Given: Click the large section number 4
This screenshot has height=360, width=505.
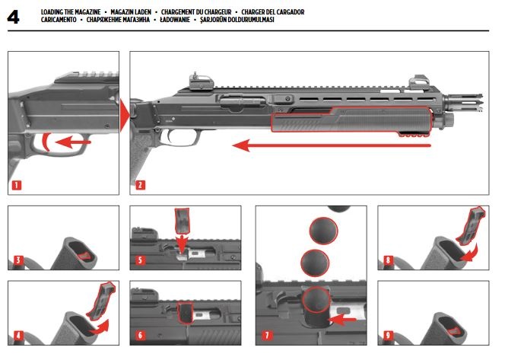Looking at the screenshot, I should click(x=14, y=17).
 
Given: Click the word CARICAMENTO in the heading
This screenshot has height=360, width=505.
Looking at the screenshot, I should click(x=59, y=20).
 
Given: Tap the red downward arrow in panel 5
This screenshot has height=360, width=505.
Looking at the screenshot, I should click(x=182, y=243).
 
